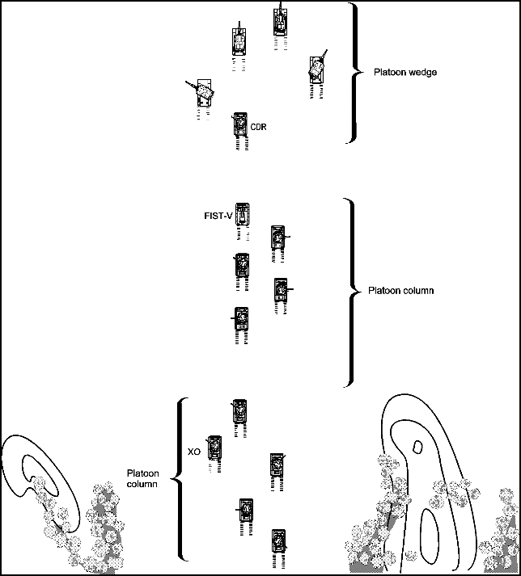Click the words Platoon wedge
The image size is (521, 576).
pos(405,73)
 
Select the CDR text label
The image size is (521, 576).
pos(258,128)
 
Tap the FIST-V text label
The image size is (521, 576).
pos(218,217)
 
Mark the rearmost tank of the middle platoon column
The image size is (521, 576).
pos(240,320)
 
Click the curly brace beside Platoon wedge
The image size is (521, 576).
pos(353,73)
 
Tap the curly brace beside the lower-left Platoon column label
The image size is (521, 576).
pos(181,478)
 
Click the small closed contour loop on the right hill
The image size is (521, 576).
pos(417,446)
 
